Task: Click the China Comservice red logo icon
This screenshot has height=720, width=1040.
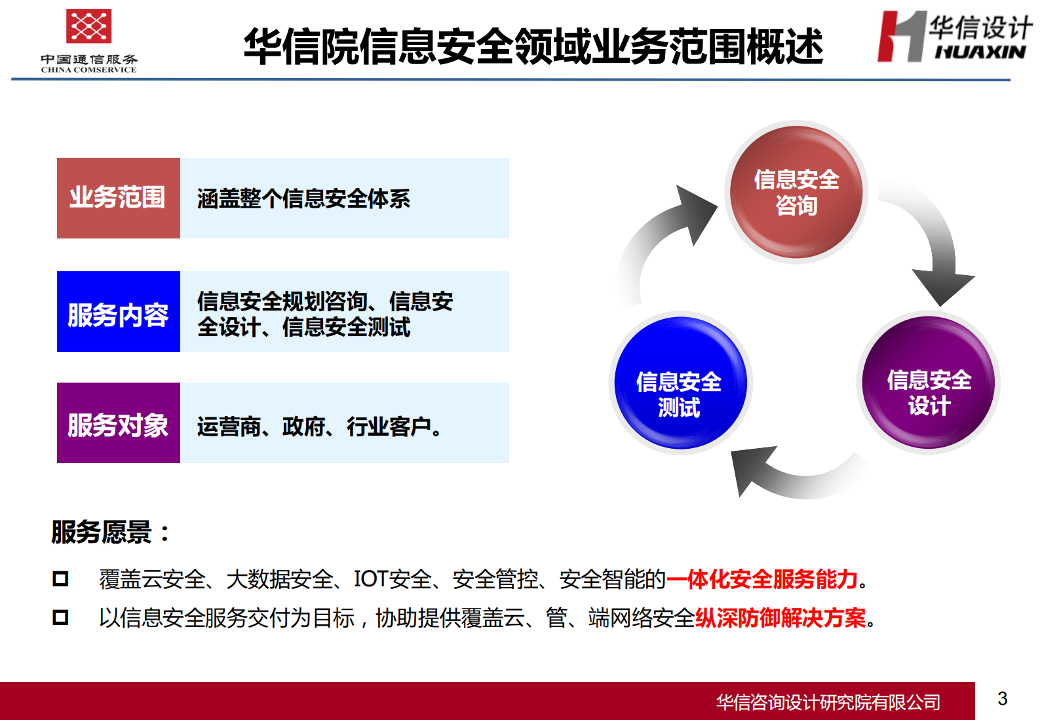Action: click(88, 26)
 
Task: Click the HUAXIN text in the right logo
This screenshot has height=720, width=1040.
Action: click(980, 52)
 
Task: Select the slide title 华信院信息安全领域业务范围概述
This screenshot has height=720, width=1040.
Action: click(533, 47)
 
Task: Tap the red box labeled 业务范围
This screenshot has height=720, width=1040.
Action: click(118, 198)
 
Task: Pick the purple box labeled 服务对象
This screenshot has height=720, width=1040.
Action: click(118, 423)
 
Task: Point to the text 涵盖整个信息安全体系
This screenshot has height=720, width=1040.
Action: click(303, 199)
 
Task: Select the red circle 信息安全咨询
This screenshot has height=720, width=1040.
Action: click(796, 192)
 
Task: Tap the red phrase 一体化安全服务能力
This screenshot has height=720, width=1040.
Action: click(762, 579)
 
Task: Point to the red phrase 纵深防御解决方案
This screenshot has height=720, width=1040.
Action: click(780, 618)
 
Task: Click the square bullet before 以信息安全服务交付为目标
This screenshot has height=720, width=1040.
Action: click(60, 617)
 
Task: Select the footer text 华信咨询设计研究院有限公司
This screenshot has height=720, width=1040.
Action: click(828, 702)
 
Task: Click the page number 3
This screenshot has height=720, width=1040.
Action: click(1002, 698)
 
